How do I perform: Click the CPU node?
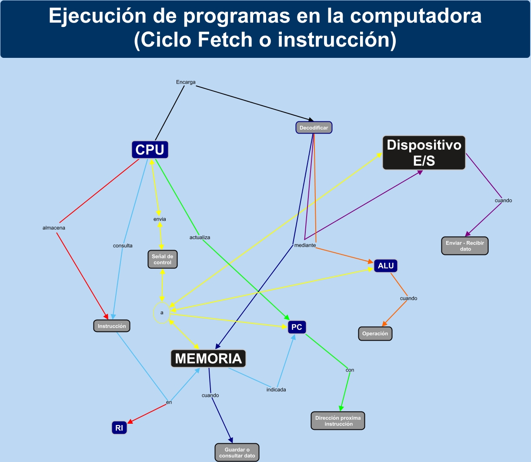coord(150,150)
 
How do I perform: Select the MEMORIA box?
coord(208,358)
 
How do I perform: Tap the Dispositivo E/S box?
coord(424,153)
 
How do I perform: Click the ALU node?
coord(386,266)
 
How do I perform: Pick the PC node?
coord(297,327)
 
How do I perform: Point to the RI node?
coord(119,428)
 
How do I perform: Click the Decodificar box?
coord(314,127)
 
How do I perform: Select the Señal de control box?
coord(163,260)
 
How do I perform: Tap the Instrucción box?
coord(112,326)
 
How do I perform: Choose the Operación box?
coord(375,334)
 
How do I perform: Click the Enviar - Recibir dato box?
coord(465,246)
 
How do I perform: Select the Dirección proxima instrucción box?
coord(338,421)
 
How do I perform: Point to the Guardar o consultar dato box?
coord(237,452)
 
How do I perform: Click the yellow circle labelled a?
coord(162,313)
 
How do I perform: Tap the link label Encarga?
coord(186,82)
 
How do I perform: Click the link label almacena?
coord(54,228)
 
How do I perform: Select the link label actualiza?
coord(200,238)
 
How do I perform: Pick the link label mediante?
coord(305,245)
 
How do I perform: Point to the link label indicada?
coord(276,390)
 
